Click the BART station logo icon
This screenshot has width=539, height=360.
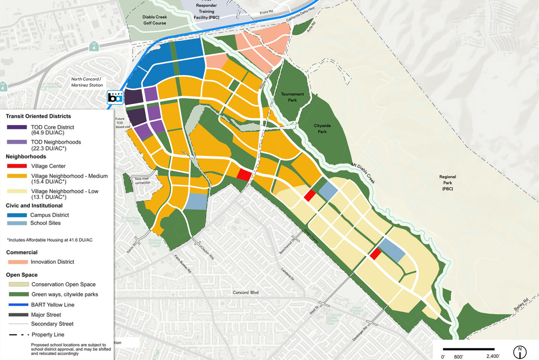click(115, 97)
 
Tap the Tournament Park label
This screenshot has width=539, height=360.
click(292, 97)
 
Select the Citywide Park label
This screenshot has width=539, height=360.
click(322, 128)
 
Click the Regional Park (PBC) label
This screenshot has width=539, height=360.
click(447, 183)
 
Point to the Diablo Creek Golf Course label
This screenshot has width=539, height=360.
click(155, 20)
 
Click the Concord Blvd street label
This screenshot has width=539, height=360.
click(246, 292)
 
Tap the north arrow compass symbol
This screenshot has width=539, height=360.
click(519, 352)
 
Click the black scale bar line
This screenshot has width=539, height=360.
click(468, 349)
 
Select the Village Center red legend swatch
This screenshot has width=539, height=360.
click(17, 166)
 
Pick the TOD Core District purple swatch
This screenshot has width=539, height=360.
click(17, 127)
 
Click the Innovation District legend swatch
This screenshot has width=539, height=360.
click(18, 262)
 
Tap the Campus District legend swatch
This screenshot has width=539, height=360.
click(17, 215)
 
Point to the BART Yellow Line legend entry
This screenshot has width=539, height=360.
click(53, 305)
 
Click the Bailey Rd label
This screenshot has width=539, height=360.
click(521, 304)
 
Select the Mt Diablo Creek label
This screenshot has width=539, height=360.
click(363, 173)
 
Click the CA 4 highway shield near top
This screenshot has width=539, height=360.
click(94, 46)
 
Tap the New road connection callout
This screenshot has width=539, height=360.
click(142, 181)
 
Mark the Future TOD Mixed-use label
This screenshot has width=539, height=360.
click(122, 123)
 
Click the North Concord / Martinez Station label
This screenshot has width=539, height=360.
click(87, 82)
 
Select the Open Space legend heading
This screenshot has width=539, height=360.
click(22, 275)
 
